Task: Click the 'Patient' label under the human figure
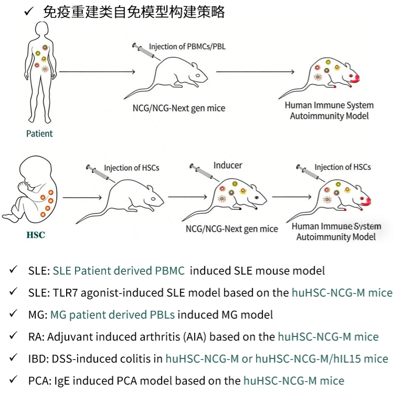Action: (39, 134)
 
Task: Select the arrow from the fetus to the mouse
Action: (81, 198)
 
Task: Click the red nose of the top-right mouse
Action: (356, 78)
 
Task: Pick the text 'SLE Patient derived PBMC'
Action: (119, 271)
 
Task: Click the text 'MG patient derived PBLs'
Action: (113, 315)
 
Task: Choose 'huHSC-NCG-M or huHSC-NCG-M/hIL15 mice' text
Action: (277, 359)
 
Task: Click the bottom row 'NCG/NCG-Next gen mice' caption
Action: (232, 229)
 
